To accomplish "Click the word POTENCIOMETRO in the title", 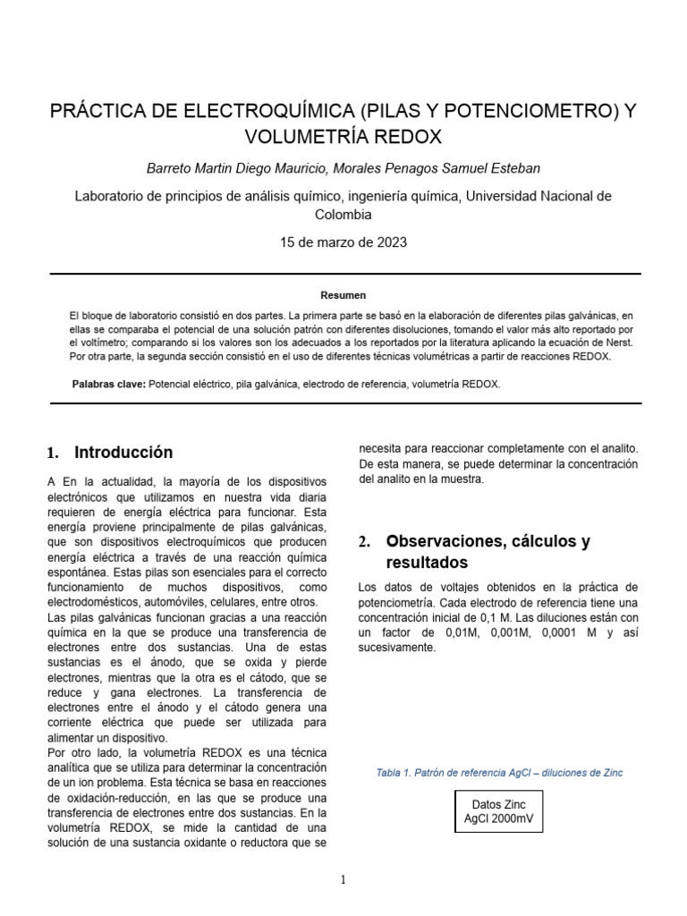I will click(x=496, y=112).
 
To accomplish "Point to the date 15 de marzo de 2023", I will click(x=344, y=242).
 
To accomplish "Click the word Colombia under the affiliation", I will click(x=343, y=215).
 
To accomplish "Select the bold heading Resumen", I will click(x=343, y=295).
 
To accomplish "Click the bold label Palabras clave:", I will click(x=108, y=384).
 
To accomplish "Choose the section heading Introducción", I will click(x=123, y=453).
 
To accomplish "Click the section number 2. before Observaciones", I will click(x=364, y=542).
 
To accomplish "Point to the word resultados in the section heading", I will click(x=427, y=564).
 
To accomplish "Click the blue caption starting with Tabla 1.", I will click(x=499, y=773).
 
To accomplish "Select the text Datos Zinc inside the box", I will click(x=499, y=804).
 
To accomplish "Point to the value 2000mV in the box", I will click(x=515, y=818).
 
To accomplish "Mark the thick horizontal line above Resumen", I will click(x=344, y=274).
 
